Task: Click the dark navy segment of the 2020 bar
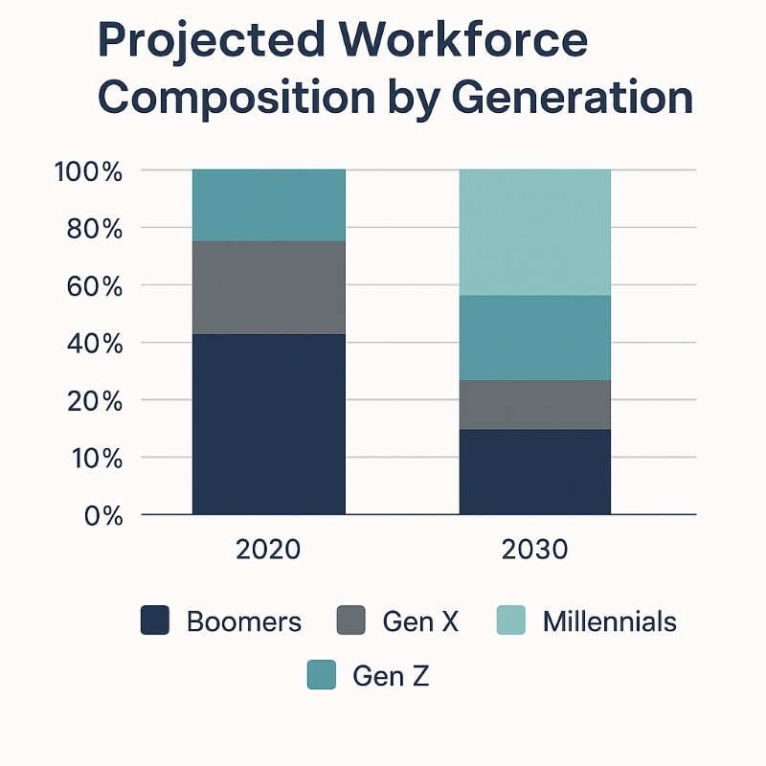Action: tap(268, 424)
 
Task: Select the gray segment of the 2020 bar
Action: tap(268, 287)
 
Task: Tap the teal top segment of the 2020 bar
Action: tap(268, 205)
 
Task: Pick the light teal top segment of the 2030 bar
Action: tap(535, 233)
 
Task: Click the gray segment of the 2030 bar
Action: tap(535, 404)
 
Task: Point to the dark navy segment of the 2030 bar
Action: tap(535, 472)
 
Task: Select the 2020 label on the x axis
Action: tap(268, 550)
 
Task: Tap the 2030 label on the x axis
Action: tap(534, 550)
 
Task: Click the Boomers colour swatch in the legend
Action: tap(155, 620)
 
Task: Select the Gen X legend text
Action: tap(420, 621)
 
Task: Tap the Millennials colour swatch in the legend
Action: tap(512, 620)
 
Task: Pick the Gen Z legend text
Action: tap(391, 676)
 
